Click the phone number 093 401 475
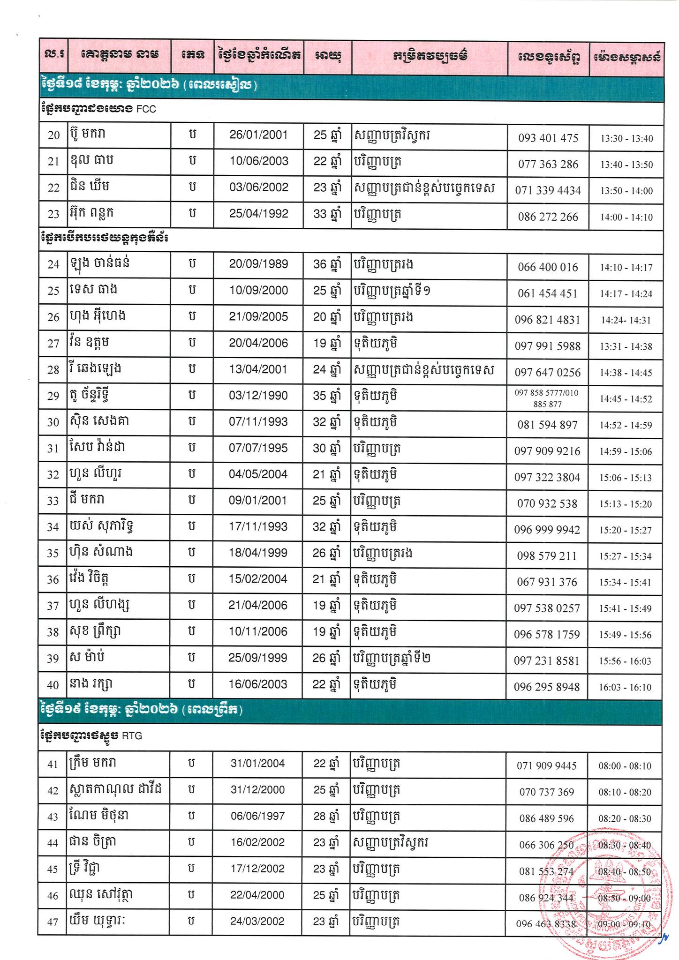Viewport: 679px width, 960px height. click(548, 138)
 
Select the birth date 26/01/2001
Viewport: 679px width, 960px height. click(258, 135)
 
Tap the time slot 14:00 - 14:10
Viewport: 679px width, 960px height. click(626, 217)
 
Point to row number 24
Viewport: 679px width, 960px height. click(54, 265)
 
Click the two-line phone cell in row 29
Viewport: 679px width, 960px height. click(547, 398)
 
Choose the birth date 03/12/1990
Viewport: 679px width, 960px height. click(258, 396)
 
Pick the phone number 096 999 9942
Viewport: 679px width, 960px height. click(547, 530)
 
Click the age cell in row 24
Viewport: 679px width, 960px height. click(326, 264)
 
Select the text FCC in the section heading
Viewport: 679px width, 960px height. click(146, 110)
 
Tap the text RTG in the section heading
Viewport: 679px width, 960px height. click(132, 736)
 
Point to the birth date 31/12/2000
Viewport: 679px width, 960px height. click(257, 790)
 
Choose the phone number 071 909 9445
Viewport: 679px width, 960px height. click(546, 766)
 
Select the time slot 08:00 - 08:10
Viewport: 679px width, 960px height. click(625, 766)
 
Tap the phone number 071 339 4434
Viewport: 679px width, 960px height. click(548, 191)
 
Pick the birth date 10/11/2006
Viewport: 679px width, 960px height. click(258, 632)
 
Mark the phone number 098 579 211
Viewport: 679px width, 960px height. click(547, 556)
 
